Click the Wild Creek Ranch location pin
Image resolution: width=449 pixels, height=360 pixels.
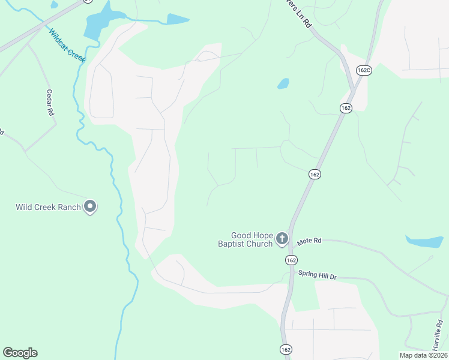(91, 207)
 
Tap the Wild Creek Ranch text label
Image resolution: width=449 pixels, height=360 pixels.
(49, 208)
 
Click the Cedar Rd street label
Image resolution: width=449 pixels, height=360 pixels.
(50, 103)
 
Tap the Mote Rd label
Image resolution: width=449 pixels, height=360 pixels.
(310, 241)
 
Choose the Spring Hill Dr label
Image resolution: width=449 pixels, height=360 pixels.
(318, 274)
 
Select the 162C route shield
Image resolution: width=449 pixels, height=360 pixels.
(363, 70)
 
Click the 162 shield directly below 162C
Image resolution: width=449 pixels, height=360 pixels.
(345, 108)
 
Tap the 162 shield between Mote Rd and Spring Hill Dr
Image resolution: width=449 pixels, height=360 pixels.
(291, 260)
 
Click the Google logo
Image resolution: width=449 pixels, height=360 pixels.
(20, 353)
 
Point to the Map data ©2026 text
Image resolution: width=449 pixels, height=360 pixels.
(423, 355)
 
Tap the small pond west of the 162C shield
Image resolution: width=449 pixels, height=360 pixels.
(283, 83)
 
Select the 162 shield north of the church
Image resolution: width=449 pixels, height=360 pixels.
(315, 174)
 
